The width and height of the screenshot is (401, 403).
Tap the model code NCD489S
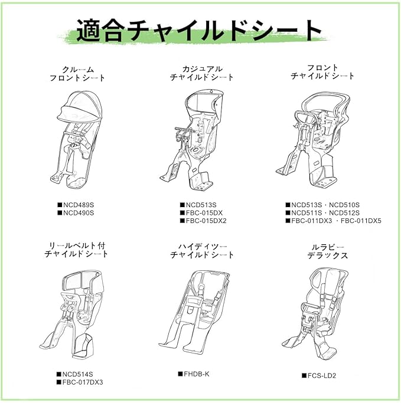point(79,205)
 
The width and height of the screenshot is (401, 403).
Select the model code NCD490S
point(79,212)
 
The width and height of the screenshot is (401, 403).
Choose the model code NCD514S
point(79,374)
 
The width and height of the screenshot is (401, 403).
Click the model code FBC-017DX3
point(82,382)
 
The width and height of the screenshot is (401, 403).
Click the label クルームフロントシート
point(77,73)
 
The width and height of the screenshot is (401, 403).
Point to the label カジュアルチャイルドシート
point(201,73)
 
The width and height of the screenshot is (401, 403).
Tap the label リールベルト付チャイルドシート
point(77,250)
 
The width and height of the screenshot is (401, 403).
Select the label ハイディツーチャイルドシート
point(202,250)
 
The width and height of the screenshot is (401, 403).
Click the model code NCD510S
point(343,205)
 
